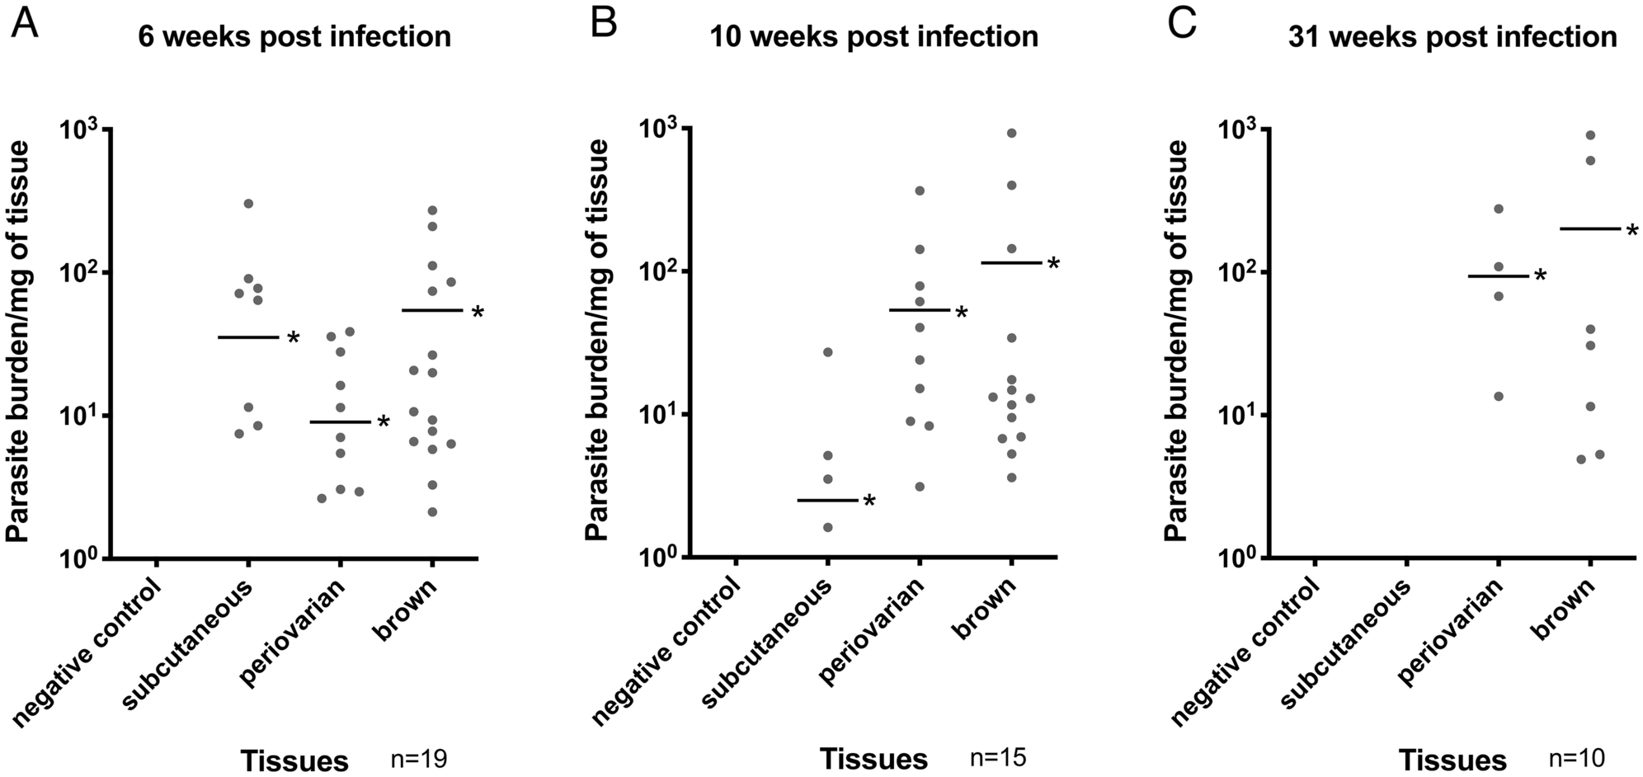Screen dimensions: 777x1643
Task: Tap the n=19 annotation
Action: coord(419,758)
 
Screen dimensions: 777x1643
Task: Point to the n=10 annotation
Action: coord(1576,758)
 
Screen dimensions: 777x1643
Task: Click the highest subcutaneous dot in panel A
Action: coord(248,203)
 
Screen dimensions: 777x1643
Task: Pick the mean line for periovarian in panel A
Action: coord(340,422)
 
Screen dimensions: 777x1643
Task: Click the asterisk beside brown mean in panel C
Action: coord(1631,232)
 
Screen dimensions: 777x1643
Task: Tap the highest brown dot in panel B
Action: coord(1011,133)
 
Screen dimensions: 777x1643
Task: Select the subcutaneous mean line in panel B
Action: coord(827,500)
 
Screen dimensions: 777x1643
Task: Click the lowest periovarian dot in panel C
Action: coord(1499,396)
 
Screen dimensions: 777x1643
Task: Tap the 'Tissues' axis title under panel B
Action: coord(873,758)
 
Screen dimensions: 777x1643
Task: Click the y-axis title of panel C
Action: coord(1175,340)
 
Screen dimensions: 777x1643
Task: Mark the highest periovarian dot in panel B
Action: coord(920,191)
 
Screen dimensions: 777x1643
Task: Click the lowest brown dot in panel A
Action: coord(432,512)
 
